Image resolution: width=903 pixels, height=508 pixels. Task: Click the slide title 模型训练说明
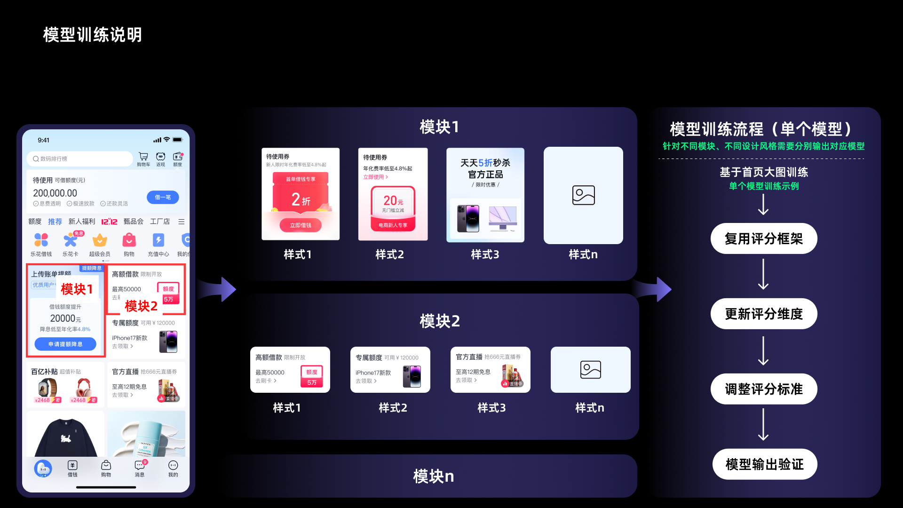[92, 35]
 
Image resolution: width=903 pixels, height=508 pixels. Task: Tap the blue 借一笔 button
[163, 197]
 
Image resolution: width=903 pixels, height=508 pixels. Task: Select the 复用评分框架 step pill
[763, 239]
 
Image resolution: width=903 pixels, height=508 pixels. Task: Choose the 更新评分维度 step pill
[763, 314]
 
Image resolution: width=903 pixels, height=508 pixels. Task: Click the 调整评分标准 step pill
[763, 389]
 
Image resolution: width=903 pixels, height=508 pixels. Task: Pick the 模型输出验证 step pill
[764, 464]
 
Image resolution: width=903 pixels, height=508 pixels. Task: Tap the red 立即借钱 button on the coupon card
[301, 225]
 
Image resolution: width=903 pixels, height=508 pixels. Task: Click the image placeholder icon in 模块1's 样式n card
[583, 195]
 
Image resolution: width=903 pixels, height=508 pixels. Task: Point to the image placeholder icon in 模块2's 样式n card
[590, 370]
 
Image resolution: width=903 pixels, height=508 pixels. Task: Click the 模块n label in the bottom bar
[433, 476]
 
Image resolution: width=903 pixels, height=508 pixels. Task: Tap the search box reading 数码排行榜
[80, 159]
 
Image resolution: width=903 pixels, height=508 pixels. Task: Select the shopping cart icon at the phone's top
[143, 157]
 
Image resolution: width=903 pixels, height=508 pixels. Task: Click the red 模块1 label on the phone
[77, 289]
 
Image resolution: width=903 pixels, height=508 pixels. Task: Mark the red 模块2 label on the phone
[141, 306]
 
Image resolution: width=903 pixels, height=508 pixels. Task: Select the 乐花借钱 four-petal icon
[41, 240]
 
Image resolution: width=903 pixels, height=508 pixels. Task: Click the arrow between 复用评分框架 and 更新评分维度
[763, 275]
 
